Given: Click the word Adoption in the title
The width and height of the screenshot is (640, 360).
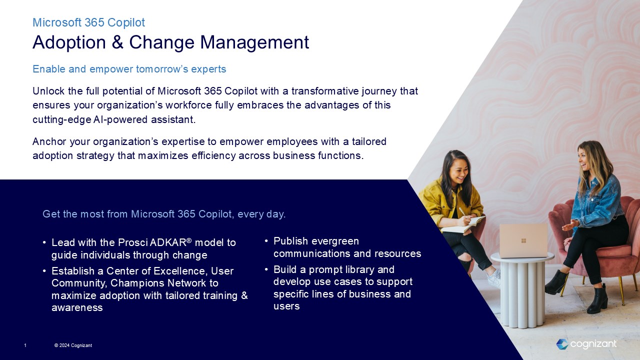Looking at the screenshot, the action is (69, 43).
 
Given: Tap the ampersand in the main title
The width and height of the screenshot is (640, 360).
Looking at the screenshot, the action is (117, 42).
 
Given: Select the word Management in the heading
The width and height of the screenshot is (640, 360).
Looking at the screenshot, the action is (254, 43).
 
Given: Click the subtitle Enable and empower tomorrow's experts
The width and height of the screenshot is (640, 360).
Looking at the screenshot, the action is (129, 69).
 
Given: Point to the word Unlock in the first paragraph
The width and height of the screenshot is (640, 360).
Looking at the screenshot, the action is (48, 91).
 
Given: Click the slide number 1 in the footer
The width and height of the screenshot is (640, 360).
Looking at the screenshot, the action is (25, 345).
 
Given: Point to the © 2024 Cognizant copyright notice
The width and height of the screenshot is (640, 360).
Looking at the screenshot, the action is (73, 345).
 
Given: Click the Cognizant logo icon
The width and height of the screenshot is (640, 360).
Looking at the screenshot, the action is (562, 344).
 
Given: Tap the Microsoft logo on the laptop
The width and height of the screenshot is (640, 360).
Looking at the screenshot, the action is (523, 240).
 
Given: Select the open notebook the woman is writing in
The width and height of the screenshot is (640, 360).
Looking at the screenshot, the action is (462, 225).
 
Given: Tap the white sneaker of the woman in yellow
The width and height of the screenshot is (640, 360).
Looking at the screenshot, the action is (494, 278).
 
